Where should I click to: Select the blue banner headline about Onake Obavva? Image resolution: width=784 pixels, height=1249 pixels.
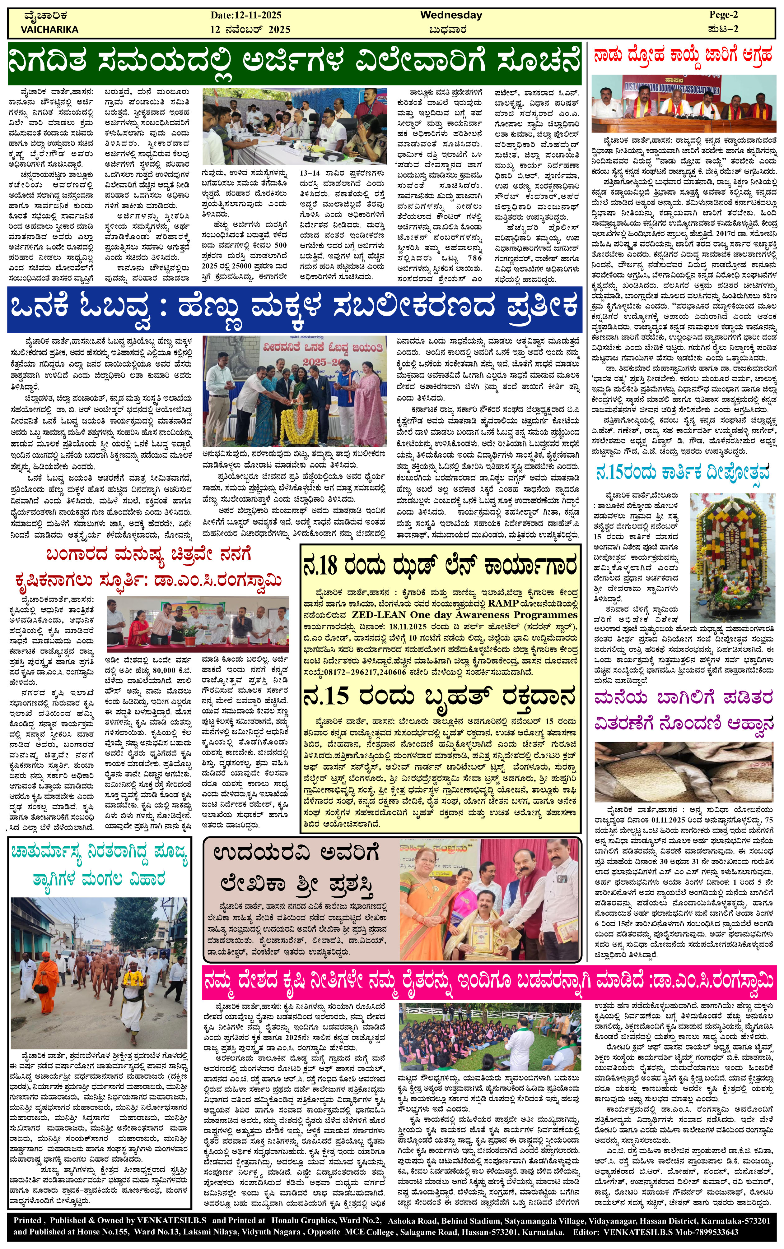tap(294, 308)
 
